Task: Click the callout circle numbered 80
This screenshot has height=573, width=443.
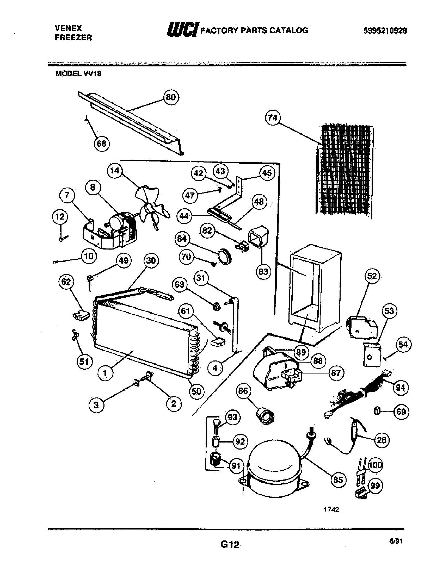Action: (171, 97)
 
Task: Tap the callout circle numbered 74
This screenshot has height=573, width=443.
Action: (273, 118)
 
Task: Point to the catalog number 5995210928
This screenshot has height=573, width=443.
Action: (385, 31)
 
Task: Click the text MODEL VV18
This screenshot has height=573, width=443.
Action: (78, 74)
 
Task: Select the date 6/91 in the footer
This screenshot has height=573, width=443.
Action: (396, 541)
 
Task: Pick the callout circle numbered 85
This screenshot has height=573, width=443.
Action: (338, 480)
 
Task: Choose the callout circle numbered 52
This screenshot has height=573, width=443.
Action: (372, 276)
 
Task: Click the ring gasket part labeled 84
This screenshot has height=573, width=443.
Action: (225, 255)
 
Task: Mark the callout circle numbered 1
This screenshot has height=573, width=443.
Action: (105, 372)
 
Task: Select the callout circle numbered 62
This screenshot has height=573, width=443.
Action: (66, 282)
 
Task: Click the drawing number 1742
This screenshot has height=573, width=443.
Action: (331, 509)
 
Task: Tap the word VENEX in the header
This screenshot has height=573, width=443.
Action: (68, 28)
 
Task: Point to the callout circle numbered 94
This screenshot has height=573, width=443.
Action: (401, 388)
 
